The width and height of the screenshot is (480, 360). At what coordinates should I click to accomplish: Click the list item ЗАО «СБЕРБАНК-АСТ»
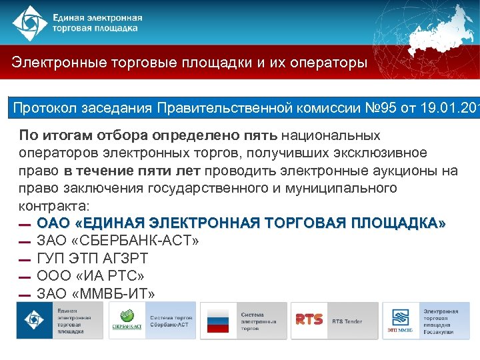pos(118,241)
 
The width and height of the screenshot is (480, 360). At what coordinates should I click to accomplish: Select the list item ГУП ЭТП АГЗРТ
pos(93,259)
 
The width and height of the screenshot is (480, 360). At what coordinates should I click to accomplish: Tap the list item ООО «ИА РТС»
pos(91,276)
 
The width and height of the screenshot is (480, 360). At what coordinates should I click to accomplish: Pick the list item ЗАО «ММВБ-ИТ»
pos(96,293)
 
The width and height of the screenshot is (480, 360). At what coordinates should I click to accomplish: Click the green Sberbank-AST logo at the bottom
pos(127,321)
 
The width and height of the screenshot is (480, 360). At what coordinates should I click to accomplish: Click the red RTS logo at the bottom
pos(309,321)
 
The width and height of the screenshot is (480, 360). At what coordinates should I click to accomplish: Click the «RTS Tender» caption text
pos(347,321)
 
